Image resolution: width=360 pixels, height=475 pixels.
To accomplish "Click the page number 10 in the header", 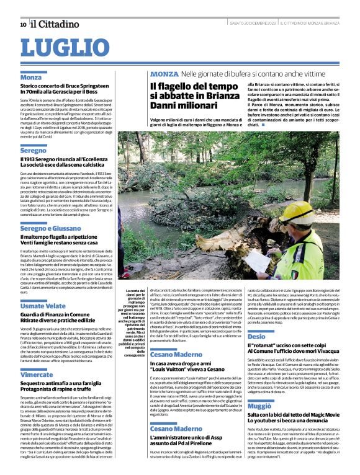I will tap(23, 25).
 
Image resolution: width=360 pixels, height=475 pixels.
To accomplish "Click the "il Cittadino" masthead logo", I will tap(53, 24).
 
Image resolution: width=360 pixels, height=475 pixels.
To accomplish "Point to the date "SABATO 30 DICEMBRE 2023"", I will tap(252, 24).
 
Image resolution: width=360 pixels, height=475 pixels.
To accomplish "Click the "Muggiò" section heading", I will tap(259, 405).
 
